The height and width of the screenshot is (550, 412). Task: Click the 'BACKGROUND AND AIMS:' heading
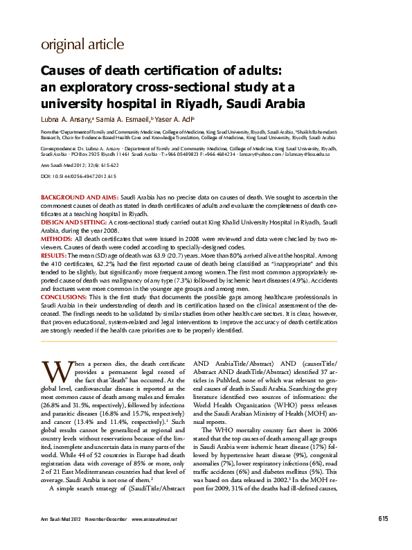[x=80, y=198]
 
